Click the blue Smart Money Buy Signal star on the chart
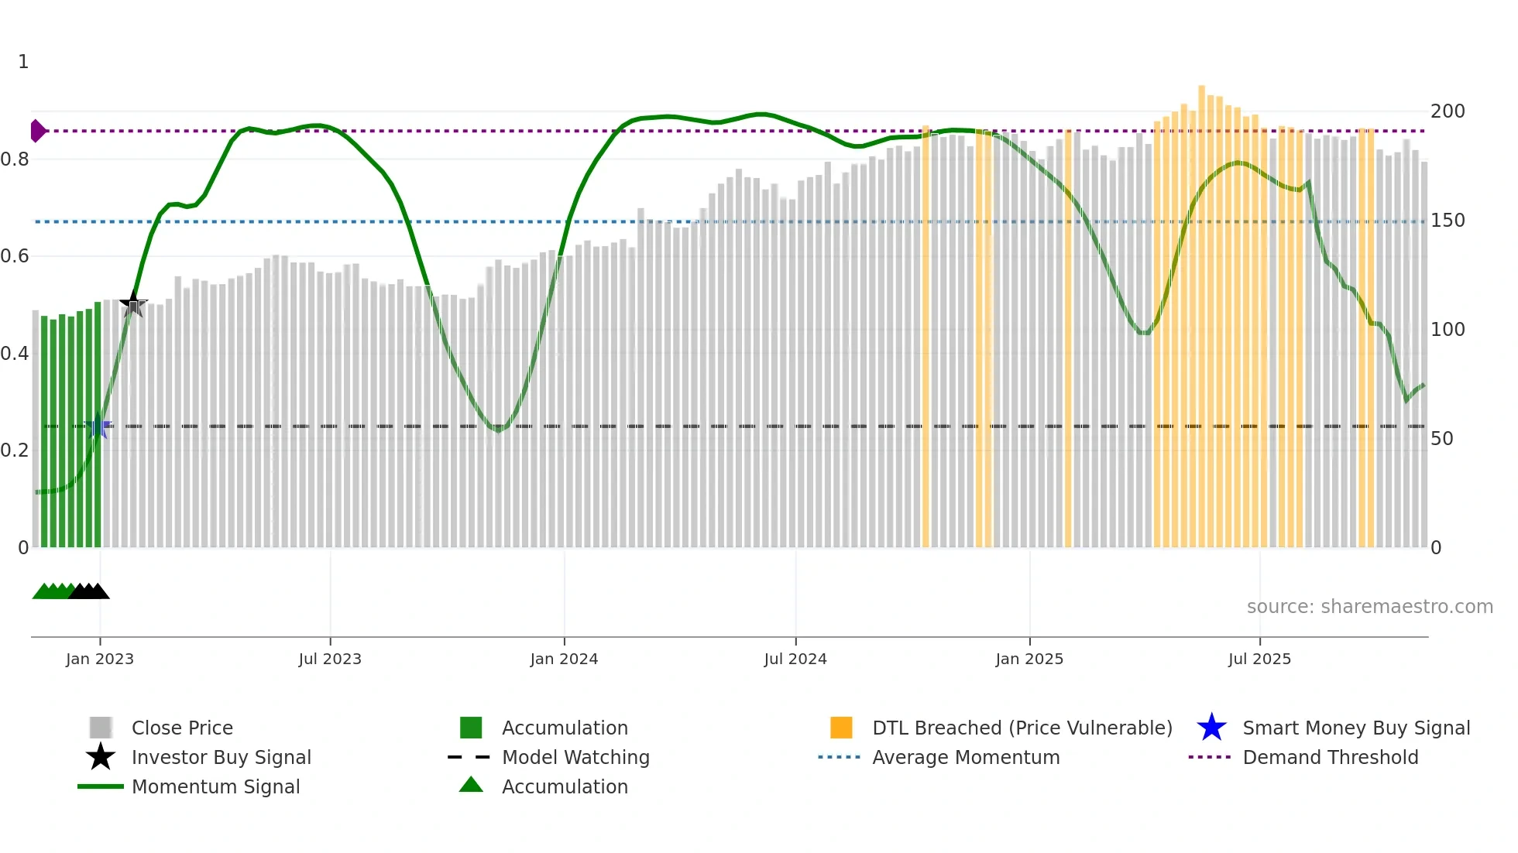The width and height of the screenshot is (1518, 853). tap(98, 426)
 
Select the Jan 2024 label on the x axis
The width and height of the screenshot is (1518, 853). tap(564, 659)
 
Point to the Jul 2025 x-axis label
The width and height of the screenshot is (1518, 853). tap(1259, 659)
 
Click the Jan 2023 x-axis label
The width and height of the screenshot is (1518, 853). tap(100, 659)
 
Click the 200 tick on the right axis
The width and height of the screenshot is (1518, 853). tap(1447, 111)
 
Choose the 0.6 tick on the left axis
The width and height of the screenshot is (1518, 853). tap(15, 256)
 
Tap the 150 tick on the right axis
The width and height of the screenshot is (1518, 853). tap(1447, 221)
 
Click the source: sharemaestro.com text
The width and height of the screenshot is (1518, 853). tap(1369, 607)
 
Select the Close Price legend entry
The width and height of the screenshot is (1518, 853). tap(182, 728)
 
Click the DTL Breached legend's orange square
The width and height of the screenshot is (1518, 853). tap(841, 728)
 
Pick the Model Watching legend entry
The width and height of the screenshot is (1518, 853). tap(575, 758)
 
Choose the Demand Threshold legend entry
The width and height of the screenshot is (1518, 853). tap(1330, 758)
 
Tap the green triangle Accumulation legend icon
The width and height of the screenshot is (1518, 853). tap(471, 786)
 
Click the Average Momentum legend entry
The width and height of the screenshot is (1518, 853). tap(965, 758)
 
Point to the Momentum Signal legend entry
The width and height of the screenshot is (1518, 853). tap(215, 787)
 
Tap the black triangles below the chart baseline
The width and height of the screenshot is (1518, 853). tap(89, 591)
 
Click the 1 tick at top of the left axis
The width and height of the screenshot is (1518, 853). tap(23, 62)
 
